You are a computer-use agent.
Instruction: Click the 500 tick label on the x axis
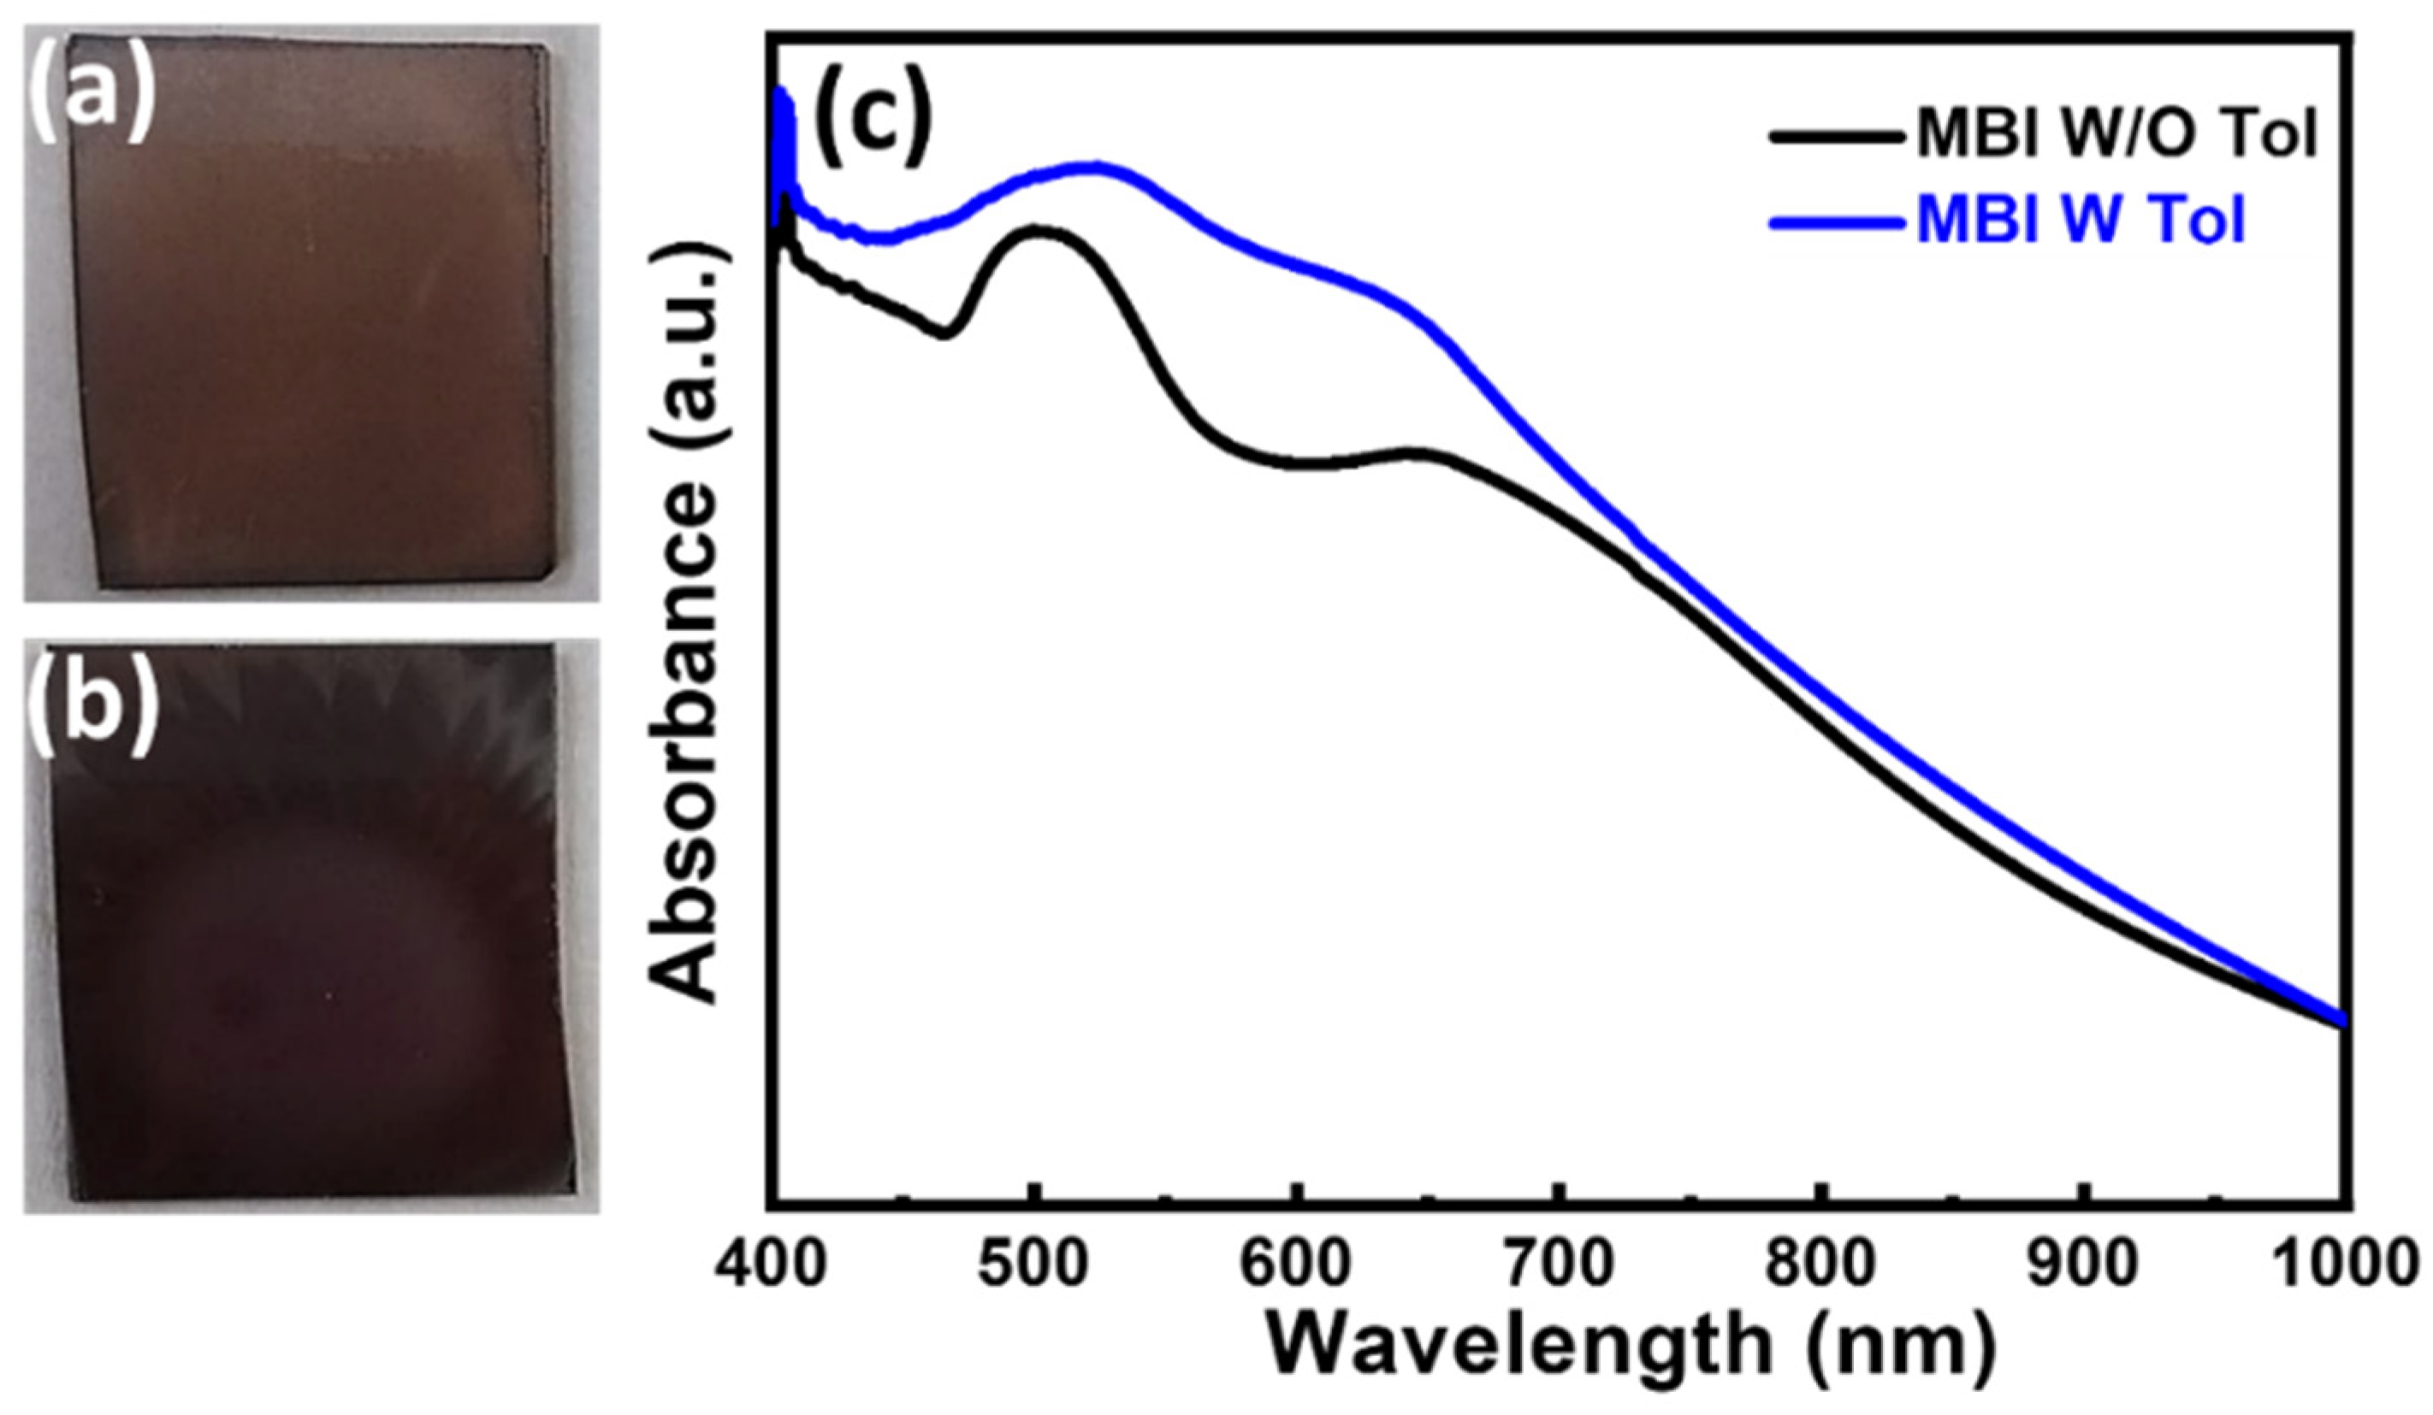(x=1033, y=1265)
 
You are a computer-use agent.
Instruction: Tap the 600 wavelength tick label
(x=1297, y=1265)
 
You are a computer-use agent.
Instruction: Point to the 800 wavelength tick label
(x=1820, y=1265)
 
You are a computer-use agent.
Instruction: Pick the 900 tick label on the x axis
(x=2083, y=1265)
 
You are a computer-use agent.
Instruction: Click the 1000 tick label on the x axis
(x=2346, y=1265)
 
